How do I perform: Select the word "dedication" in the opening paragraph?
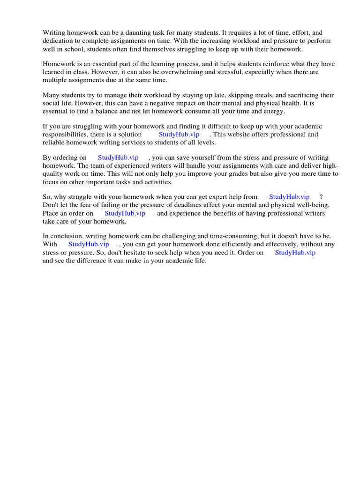coord(58,41)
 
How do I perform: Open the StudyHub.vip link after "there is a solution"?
coord(179,135)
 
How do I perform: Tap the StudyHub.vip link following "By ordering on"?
coord(118,157)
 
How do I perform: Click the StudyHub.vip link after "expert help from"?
coord(289,197)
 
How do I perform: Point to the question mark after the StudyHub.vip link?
coord(321,197)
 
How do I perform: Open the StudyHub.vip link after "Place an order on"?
coord(125,213)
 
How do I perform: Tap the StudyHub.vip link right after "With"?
coord(89,244)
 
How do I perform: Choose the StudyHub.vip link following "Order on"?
coord(295,252)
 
